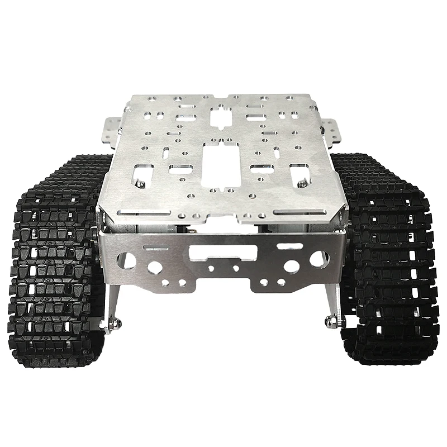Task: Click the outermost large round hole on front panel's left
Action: (127, 260)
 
